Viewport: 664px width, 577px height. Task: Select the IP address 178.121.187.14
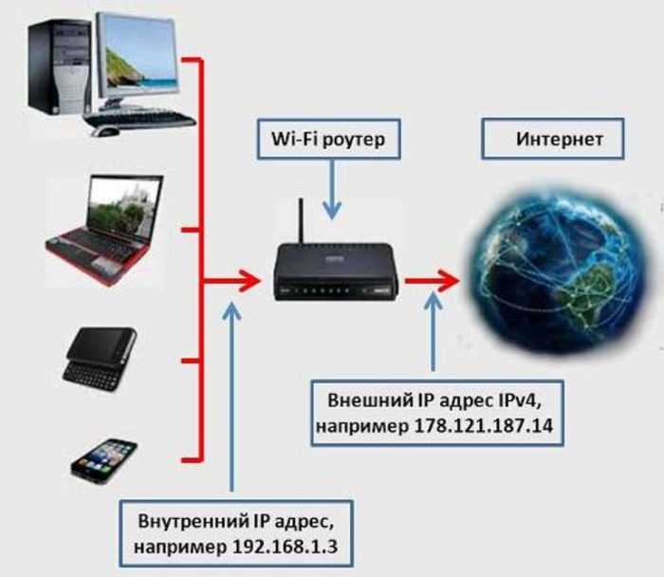point(483,425)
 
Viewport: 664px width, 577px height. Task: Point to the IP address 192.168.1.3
point(285,546)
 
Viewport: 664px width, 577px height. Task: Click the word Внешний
point(370,400)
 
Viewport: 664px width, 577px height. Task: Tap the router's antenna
point(301,221)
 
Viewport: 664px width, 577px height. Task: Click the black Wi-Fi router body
point(336,272)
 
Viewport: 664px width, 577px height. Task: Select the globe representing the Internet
point(562,271)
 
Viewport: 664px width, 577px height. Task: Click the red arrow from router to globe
point(433,281)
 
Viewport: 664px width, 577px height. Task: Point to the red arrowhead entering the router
point(249,281)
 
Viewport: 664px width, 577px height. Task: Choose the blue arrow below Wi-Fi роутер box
point(332,190)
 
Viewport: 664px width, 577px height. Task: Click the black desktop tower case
point(59,66)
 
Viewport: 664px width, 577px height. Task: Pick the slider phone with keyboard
point(100,359)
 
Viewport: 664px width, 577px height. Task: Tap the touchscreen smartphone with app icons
point(104,461)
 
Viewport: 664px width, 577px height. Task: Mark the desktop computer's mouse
point(104,131)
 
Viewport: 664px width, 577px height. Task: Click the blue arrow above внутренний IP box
point(231,397)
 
